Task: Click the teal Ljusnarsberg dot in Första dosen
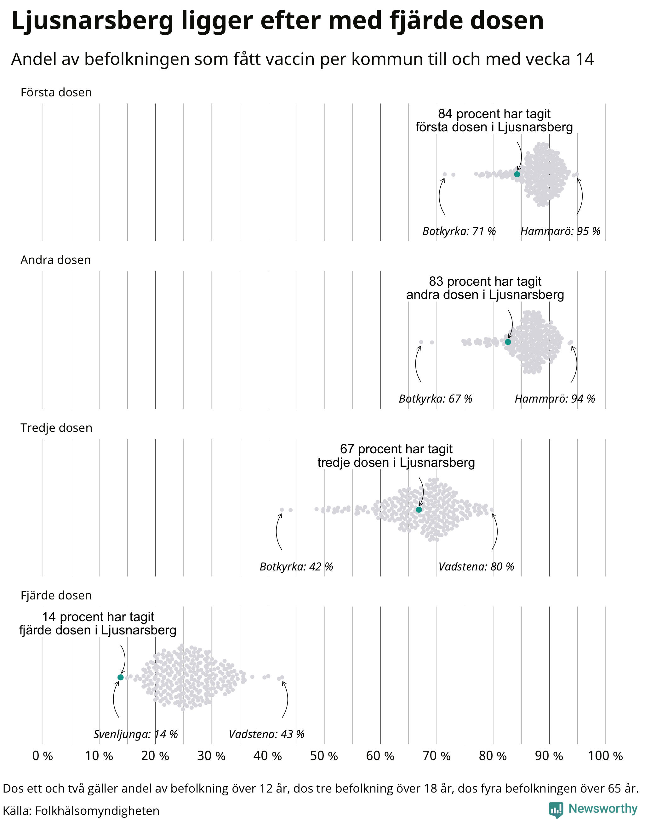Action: tap(517, 174)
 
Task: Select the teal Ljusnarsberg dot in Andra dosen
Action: tap(508, 342)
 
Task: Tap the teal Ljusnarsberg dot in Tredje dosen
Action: tap(419, 510)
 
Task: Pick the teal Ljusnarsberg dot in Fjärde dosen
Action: tap(121, 677)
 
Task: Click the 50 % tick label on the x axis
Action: tap(324, 756)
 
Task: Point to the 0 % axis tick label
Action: tap(43, 756)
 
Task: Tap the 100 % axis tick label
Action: tap(605, 756)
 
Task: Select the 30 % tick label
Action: tap(211, 756)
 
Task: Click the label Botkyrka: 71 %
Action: tap(459, 231)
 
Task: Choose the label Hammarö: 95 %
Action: tap(560, 231)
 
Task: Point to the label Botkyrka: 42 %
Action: tap(296, 567)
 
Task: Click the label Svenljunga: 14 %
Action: tap(135, 734)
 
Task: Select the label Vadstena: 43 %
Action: tap(267, 734)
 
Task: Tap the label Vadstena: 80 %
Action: tap(476, 567)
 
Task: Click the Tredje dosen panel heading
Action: tap(56, 428)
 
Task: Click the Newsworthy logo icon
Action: tap(556, 809)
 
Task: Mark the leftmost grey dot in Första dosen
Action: tap(444, 175)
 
